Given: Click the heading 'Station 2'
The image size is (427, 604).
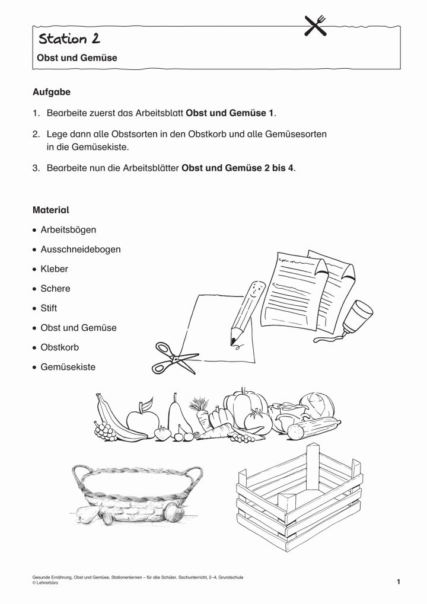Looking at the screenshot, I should (x=69, y=39).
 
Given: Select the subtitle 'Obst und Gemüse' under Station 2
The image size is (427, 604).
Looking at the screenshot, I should (x=74, y=58).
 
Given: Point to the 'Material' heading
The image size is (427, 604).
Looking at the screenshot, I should (x=51, y=210).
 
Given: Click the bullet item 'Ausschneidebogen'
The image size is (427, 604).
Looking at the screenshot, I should (x=80, y=249).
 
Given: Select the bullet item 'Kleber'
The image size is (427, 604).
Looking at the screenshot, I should (x=54, y=269).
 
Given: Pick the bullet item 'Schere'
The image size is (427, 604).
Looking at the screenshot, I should (x=55, y=289).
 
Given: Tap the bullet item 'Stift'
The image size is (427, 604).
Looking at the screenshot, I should (x=49, y=308).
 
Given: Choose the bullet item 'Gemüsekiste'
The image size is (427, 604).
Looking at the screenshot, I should (x=68, y=367).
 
